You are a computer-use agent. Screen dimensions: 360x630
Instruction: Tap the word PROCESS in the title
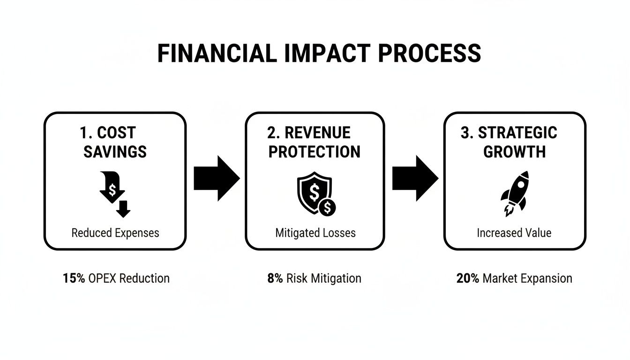tap(429, 53)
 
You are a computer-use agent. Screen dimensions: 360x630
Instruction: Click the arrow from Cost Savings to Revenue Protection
tap(217, 179)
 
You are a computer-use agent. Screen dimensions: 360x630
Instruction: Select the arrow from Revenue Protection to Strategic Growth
tap(415, 179)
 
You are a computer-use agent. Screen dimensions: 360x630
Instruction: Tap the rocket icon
tap(514, 193)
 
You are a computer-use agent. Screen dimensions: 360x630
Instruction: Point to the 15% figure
tap(74, 278)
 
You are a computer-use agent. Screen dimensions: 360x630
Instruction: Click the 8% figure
tap(275, 278)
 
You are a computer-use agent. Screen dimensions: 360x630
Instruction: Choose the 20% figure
tap(467, 278)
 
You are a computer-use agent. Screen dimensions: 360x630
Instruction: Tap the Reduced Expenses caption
tap(115, 233)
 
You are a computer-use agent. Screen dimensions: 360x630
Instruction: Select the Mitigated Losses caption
tap(315, 233)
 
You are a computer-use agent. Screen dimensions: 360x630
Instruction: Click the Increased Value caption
tap(514, 233)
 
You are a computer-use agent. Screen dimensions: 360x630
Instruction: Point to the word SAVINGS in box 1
tap(115, 152)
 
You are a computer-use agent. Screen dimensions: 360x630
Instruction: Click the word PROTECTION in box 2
tap(315, 152)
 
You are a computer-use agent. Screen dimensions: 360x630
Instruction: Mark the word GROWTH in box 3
tap(514, 152)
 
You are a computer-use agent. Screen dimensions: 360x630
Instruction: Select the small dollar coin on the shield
tap(327, 206)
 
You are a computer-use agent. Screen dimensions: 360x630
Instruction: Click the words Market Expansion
tap(527, 278)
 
